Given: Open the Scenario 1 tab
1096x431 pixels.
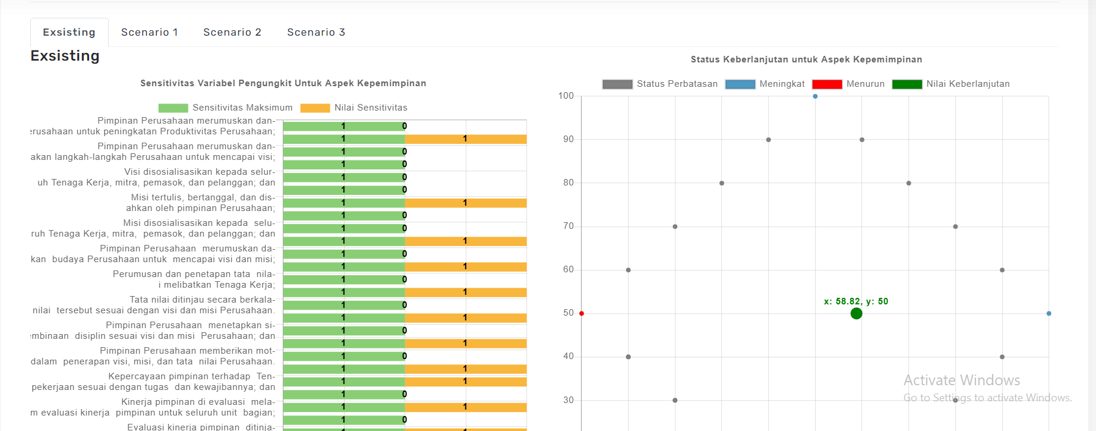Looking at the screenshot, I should [149, 32].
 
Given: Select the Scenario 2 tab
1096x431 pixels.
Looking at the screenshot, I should [232, 32].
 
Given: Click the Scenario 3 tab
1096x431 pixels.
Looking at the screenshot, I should [316, 32].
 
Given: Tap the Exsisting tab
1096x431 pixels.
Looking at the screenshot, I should [69, 32].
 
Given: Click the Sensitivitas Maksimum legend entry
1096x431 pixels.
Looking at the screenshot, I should [226, 108].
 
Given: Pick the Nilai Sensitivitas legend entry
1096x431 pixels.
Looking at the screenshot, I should [354, 108].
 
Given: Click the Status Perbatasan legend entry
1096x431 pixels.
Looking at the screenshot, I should [660, 84].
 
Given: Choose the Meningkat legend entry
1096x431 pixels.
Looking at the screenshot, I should [765, 84].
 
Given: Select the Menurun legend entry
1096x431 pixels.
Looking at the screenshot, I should [848, 84].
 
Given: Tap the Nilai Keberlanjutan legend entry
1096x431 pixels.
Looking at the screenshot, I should [951, 84].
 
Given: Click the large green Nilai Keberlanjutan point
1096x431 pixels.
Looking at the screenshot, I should [856, 313].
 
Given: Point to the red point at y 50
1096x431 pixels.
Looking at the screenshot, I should [582, 313].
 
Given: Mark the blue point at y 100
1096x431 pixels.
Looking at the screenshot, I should [815, 96].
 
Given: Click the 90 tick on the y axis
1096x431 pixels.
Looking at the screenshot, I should [568, 139].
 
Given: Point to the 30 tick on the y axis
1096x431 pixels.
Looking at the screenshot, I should [568, 400].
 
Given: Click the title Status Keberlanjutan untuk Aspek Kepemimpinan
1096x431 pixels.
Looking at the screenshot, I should [806, 59].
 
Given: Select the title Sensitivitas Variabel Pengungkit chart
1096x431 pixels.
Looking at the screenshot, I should [283, 83].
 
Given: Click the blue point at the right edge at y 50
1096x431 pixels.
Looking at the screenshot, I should [1048, 313].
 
